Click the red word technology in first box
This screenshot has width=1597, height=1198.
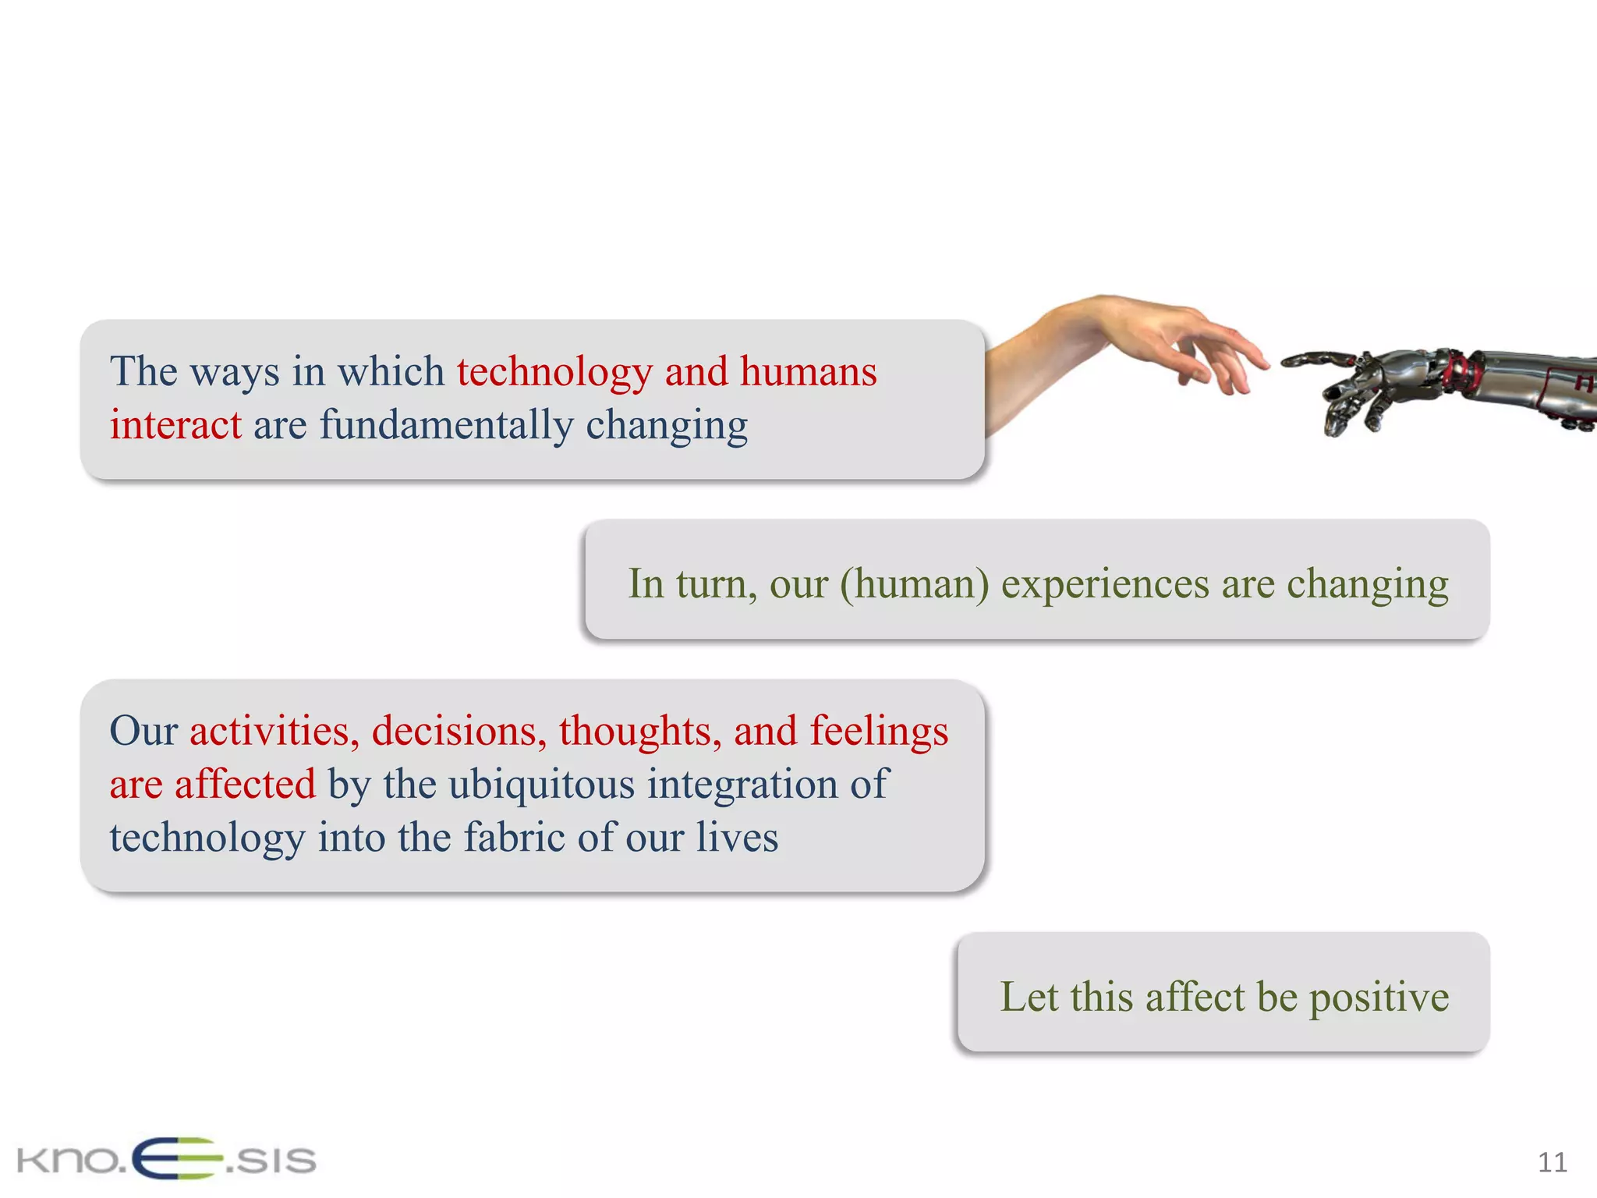pos(554,373)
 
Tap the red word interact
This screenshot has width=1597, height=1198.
pos(175,426)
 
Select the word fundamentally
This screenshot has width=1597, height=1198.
pos(446,426)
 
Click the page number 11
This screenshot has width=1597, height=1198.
pos(1552,1163)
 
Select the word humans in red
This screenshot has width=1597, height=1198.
pos(808,371)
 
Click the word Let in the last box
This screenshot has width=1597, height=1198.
pos(1029,997)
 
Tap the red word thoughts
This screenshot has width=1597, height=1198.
pos(639,732)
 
